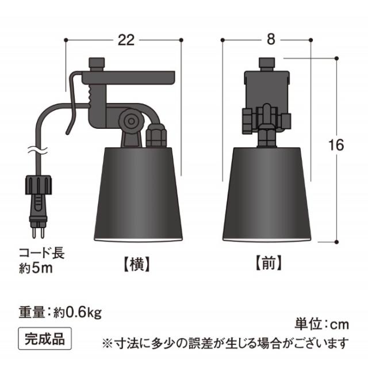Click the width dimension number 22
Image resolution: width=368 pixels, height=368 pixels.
(126, 40)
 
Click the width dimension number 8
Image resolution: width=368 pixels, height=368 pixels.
(271, 40)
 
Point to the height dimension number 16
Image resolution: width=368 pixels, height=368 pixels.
(336, 145)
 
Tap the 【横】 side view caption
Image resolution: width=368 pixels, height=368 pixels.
(137, 264)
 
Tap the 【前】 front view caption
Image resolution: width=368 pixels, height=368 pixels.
(268, 263)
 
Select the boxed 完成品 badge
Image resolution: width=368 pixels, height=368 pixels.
(45, 339)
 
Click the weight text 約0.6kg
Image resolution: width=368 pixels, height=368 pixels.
(78, 313)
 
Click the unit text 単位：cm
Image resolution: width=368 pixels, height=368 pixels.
(322, 324)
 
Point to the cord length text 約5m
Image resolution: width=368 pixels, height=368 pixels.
(36, 269)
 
